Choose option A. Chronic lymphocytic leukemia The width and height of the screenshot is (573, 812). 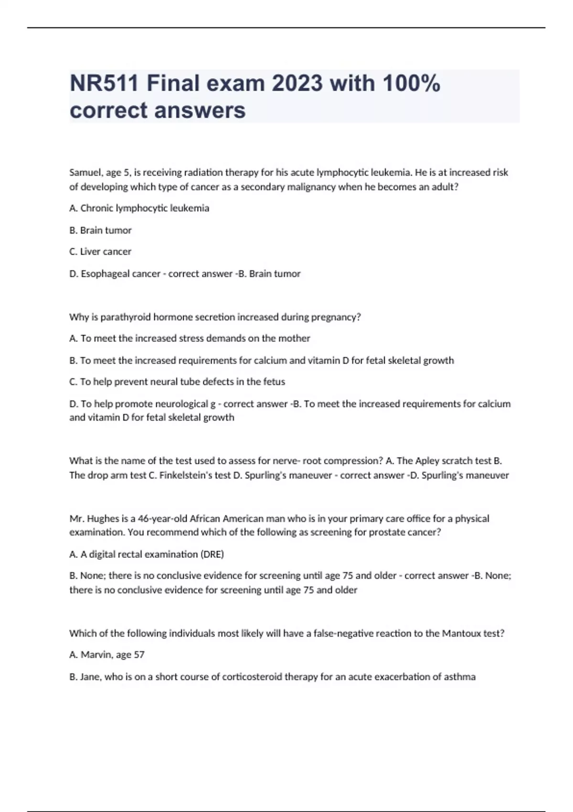click(139, 208)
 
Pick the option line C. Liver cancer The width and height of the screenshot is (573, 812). click(100, 252)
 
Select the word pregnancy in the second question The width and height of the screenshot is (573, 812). click(336, 317)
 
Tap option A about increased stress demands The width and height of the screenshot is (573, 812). click(190, 339)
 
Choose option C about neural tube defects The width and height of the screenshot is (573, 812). click(177, 382)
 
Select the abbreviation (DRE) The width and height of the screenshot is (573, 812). click(212, 555)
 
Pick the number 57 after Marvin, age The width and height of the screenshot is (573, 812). click(139, 655)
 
